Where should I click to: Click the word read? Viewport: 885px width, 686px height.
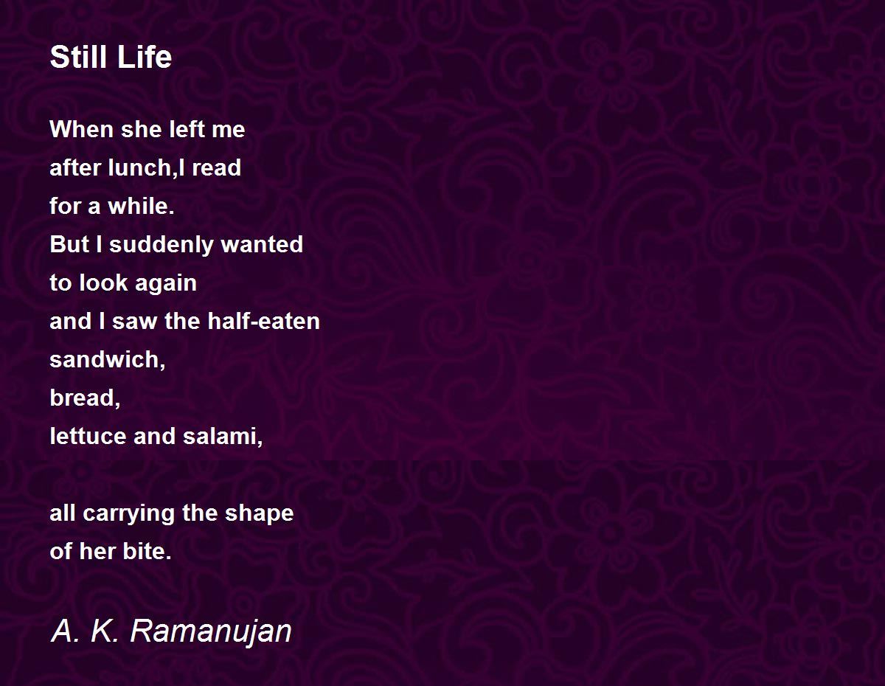point(218,168)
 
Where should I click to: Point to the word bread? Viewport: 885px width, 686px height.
point(82,398)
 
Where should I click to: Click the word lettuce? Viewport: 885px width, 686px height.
point(88,437)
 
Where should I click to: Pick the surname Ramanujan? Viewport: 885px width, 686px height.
point(211,631)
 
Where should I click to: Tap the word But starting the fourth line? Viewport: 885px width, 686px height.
point(69,245)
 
